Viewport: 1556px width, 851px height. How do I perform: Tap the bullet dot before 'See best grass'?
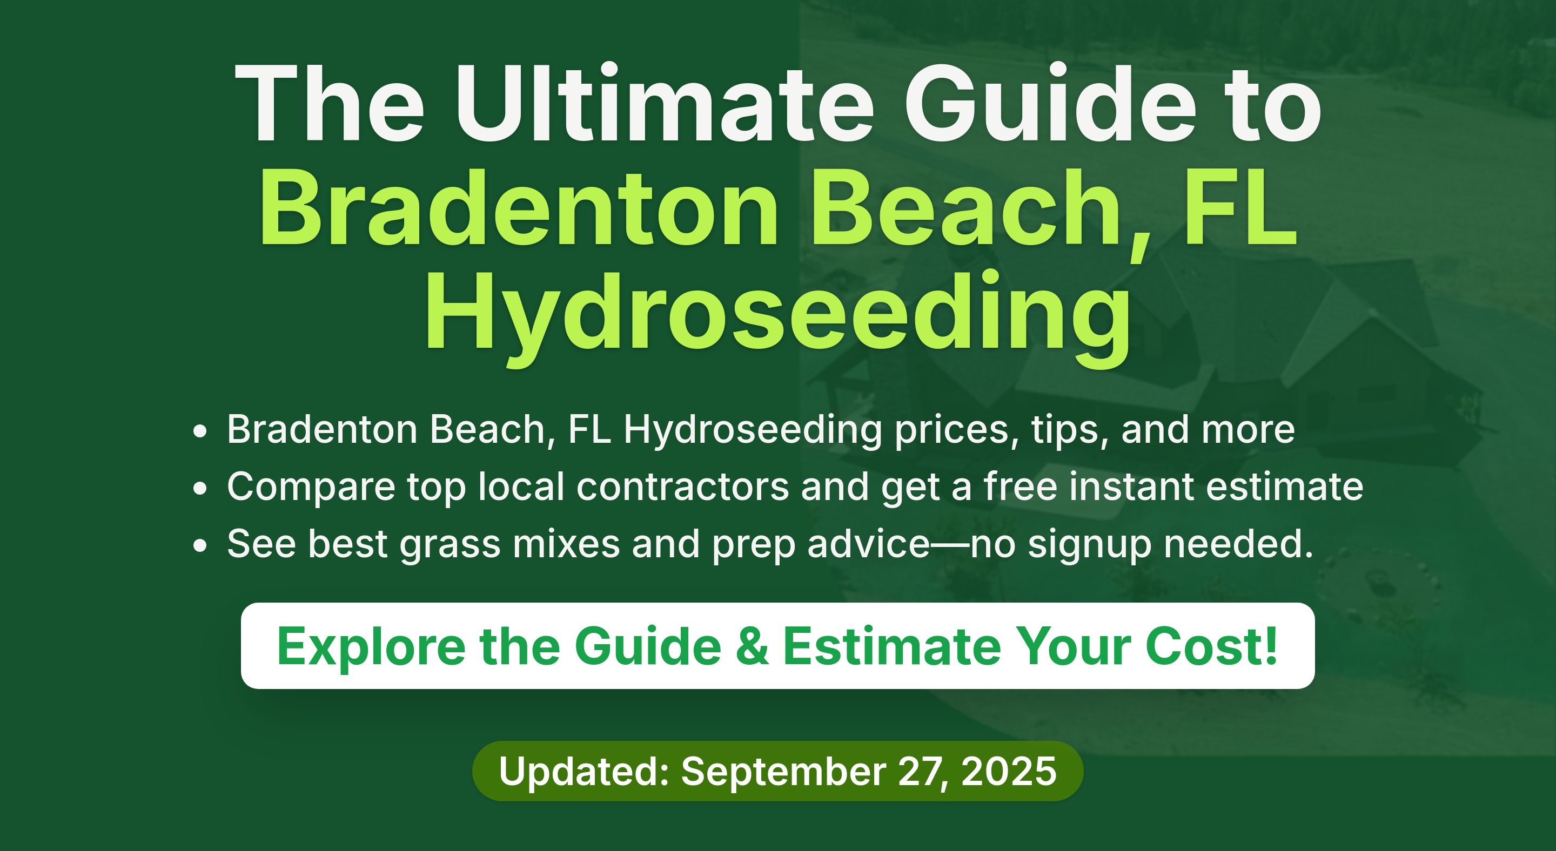coord(200,545)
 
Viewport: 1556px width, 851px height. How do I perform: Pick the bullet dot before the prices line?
coord(200,431)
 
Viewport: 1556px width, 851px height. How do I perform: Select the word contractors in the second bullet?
coord(682,487)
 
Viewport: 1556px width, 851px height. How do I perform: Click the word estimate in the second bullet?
coord(1285,487)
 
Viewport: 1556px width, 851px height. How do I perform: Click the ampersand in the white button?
coord(753,646)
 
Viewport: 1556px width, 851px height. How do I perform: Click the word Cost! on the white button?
coord(1212,646)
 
